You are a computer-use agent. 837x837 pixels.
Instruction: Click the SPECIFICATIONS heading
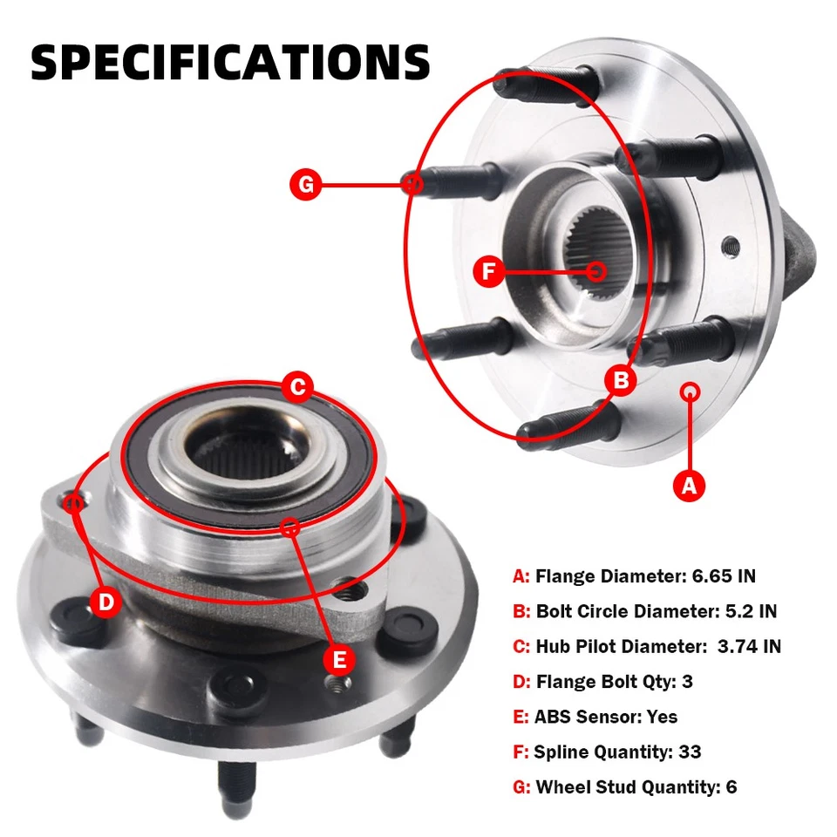[230, 62]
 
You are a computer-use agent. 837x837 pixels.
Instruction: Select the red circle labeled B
[622, 379]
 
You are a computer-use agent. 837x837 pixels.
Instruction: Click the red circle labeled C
[297, 386]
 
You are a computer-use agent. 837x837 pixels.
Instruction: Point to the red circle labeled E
[340, 658]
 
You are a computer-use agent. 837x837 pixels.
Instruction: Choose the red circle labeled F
[489, 271]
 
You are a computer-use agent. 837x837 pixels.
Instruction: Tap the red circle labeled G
[306, 185]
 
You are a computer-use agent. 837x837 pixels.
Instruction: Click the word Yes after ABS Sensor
[662, 717]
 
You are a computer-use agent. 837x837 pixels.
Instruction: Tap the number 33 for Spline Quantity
[690, 752]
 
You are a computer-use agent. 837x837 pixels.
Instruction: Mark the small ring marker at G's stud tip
[413, 184]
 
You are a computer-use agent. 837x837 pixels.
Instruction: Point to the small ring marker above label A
[691, 391]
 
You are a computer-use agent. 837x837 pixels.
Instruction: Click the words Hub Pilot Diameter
[617, 646]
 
